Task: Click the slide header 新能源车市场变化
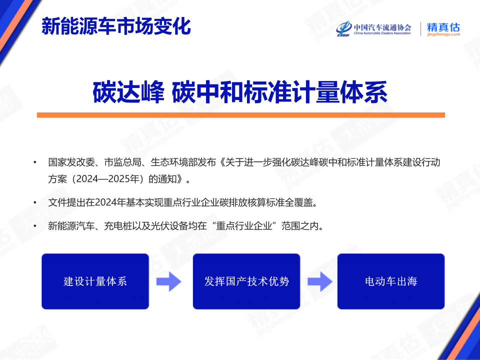(x=116, y=26)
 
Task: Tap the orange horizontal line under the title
(x=240, y=115)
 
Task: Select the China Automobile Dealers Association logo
(x=373, y=29)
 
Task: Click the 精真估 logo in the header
(x=443, y=29)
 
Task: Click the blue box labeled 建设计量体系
(x=95, y=281)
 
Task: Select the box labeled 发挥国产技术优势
(x=246, y=281)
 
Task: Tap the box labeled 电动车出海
(x=391, y=281)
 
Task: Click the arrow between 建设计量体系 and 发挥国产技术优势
(x=168, y=281)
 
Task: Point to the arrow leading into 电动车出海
(x=319, y=281)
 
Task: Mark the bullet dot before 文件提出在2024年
(x=34, y=202)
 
